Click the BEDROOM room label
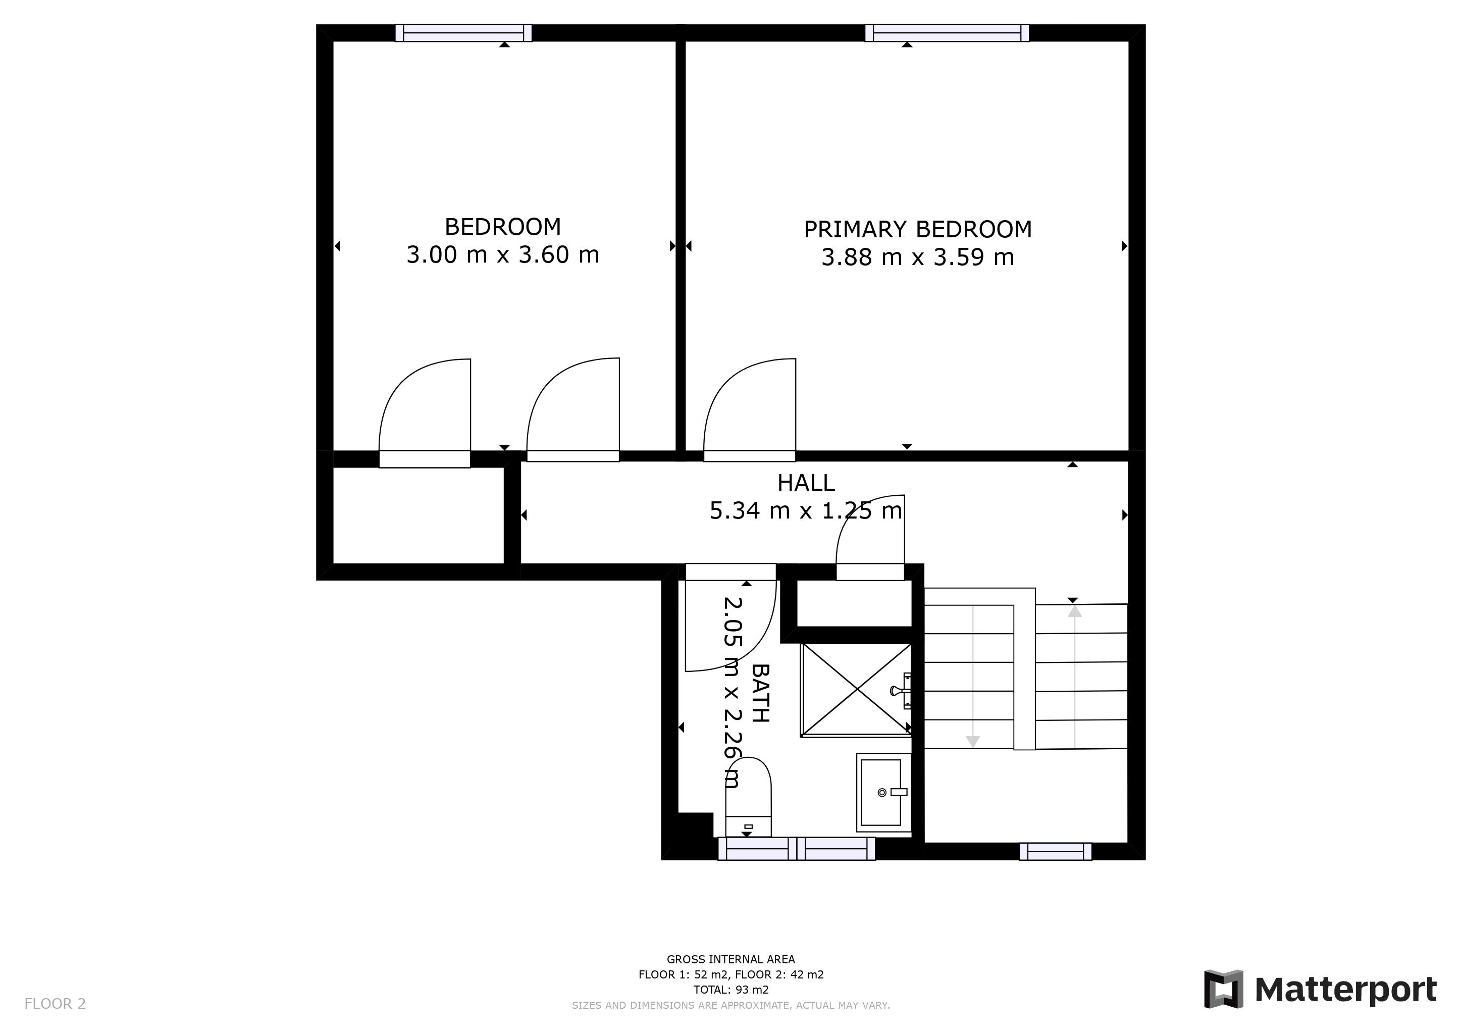tap(502, 227)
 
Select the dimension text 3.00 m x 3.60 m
tap(502, 254)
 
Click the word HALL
tap(806, 483)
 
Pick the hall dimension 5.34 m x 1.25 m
tap(806, 510)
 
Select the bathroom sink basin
tap(881, 792)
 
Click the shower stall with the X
tap(856, 690)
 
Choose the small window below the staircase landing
tap(1055, 851)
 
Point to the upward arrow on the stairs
tap(1075, 612)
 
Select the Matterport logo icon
tap(1223, 989)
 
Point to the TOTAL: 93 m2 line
tap(730, 990)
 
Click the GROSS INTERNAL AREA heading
tap(730, 959)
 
